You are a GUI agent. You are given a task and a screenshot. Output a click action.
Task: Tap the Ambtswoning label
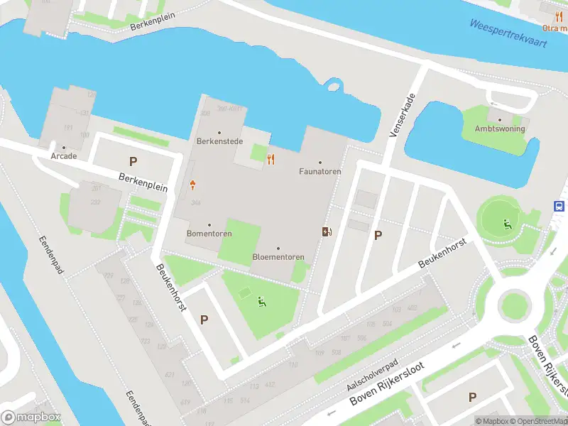coord(499,129)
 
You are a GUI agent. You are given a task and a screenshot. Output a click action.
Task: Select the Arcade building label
coord(63,155)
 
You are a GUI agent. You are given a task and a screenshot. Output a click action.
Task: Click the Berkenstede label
coord(219,141)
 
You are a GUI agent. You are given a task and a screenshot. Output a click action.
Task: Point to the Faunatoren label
coord(320,171)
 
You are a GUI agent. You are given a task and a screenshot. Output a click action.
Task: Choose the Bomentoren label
coord(209,233)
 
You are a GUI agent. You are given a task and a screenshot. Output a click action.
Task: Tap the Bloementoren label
coord(278,256)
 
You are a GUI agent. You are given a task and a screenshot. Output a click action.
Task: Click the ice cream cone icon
coord(193,186)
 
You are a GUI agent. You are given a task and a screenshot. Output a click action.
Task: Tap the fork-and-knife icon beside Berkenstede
coord(271,159)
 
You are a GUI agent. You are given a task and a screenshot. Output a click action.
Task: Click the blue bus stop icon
coord(560,206)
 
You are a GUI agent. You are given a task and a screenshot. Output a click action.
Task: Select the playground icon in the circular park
coord(507,225)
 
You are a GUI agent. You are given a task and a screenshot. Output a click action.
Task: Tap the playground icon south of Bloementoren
coord(262,302)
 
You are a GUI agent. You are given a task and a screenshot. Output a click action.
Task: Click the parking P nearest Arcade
coord(133,162)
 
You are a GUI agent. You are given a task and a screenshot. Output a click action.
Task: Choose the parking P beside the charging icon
coord(378,236)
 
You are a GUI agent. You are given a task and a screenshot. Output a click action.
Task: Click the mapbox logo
coord(31,417)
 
